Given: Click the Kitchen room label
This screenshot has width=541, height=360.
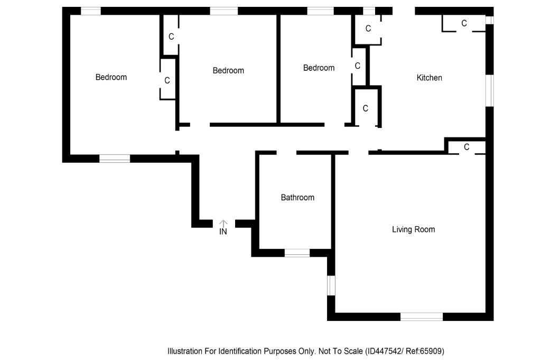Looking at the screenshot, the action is [x=429, y=78].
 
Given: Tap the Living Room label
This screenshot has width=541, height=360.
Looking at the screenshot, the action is [x=413, y=229].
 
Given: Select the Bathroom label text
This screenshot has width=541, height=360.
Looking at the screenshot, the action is [x=297, y=198].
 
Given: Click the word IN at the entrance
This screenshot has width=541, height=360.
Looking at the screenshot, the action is [x=223, y=232].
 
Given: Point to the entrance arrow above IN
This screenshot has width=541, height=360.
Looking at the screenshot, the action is [x=223, y=223].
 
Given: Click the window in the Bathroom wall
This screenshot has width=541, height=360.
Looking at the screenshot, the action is [x=297, y=253].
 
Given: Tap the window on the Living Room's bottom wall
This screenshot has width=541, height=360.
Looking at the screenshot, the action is [x=421, y=317].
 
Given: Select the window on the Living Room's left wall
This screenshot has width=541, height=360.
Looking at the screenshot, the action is [x=331, y=285].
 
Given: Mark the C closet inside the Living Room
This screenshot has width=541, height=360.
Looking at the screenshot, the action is [x=467, y=147].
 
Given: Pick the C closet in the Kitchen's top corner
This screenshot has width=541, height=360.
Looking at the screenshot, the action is [x=464, y=23].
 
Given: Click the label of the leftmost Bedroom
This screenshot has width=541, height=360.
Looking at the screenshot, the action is [x=111, y=77].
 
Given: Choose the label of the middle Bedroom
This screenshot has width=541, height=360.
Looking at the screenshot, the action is [x=228, y=70].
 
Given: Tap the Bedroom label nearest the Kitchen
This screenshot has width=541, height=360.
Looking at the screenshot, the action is [x=319, y=68].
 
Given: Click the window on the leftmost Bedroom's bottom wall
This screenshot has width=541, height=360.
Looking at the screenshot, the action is [x=115, y=158].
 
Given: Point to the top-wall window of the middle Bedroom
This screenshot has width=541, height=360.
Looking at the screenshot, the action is [x=223, y=11].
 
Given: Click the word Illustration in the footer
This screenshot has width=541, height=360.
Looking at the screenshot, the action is [x=185, y=351].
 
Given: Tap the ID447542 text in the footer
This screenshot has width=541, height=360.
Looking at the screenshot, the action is [x=385, y=351].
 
